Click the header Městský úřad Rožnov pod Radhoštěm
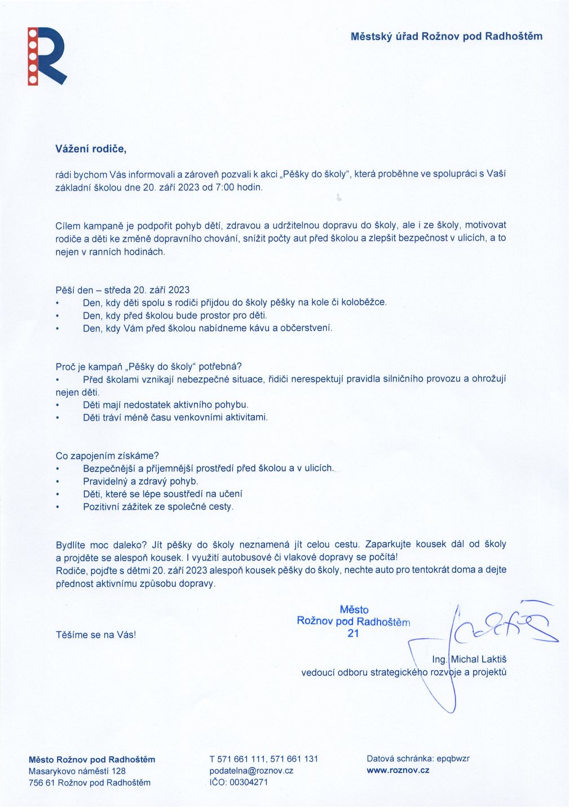[x=446, y=37]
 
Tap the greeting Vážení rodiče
[x=91, y=149]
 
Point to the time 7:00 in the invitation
[x=225, y=187]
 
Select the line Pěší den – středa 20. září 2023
[x=122, y=290]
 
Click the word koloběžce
[x=364, y=302]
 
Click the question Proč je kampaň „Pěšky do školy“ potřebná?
[x=148, y=367]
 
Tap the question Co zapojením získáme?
[x=107, y=456]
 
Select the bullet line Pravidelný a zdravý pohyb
[x=140, y=482]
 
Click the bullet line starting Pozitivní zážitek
[x=158, y=507]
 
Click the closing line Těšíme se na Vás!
[x=96, y=635]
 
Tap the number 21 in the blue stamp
[x=353, y=633]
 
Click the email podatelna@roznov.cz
[x=251, y=771]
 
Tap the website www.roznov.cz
[x=398, y=770]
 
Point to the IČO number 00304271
[x=248, y=783]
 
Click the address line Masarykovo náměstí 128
[x=77, y=771]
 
